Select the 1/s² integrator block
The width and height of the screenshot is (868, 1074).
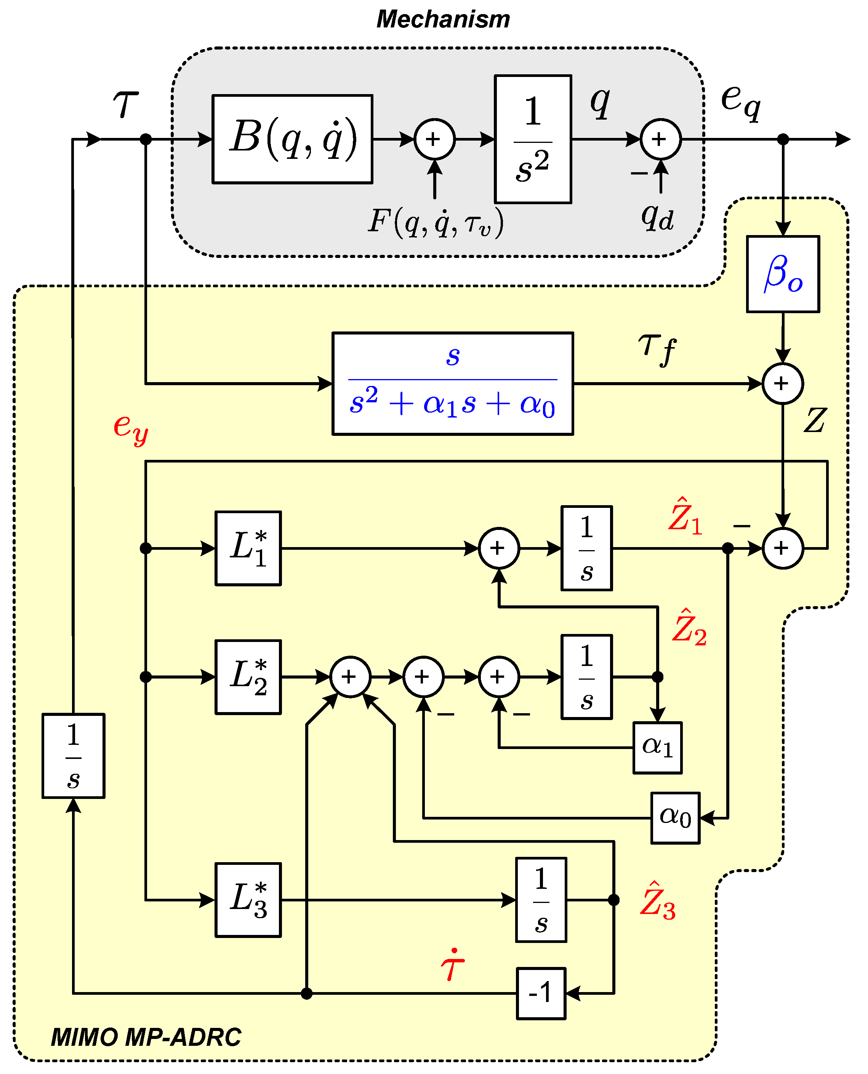[533, 139]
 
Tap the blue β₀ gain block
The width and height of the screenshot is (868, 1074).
[783, 274]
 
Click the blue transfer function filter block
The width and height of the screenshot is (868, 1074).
[453, 384]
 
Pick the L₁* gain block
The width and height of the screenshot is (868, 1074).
[248, 548]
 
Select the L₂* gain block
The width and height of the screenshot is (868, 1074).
[248, 677]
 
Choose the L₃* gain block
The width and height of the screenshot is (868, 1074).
[248, 900]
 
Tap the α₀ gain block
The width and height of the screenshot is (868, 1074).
[675, 818]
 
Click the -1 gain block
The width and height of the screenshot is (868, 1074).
[541, 993]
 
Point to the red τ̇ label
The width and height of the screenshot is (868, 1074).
[453, 965]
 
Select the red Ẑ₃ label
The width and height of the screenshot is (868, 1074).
[658, 901]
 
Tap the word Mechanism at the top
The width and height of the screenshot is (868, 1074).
[443, 19]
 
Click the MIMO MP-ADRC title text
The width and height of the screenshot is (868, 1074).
[146, 1037]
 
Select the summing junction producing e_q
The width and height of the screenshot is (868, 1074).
[660, 139]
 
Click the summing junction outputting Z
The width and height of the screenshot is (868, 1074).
[783, 384]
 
